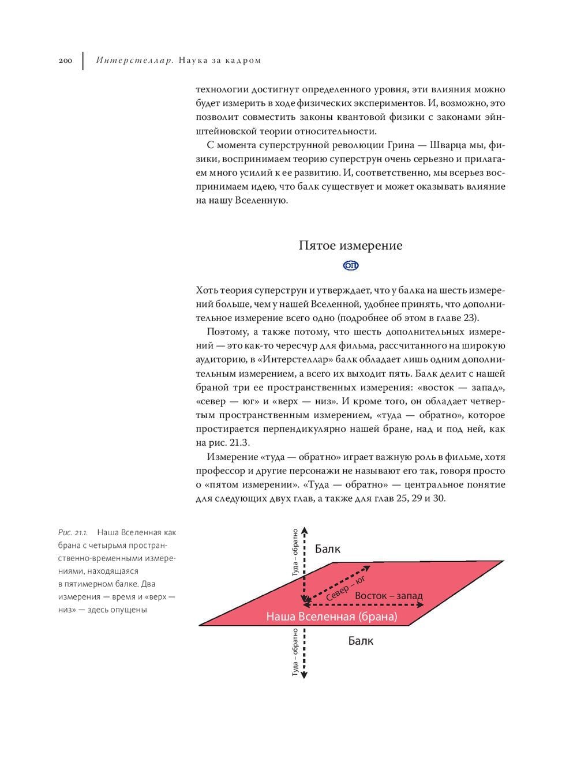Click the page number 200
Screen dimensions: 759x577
point(65,61)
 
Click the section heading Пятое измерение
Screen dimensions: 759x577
point(350,246)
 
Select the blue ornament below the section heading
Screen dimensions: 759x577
point(351,265)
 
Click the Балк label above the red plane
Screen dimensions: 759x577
point(327,549)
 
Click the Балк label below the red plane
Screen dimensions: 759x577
point(361,641)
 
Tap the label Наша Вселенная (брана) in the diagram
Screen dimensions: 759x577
point(332,617)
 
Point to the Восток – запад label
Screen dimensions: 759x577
point(388,596)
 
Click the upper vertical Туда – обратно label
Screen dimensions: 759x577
point(295,552)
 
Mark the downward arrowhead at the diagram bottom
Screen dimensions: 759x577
point(305,674)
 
